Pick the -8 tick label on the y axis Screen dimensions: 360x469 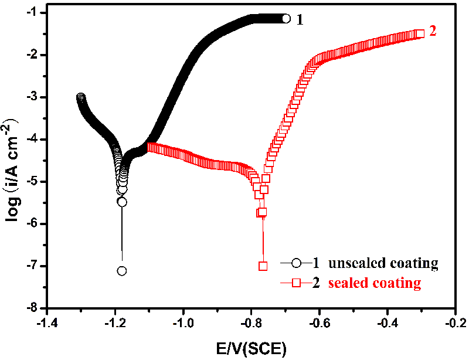[x=33, y=308]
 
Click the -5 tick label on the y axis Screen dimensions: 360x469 [x=33, y=181]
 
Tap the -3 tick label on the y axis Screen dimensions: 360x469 [x=33, y=97]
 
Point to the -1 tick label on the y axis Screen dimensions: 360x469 [x=33, y=12]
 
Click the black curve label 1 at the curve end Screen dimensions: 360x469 [x=300, y=19]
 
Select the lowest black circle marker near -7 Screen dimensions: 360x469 [x=122, y=271]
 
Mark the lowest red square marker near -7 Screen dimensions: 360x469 [x=263, y=266]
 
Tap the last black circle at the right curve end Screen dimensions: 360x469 [x=286, y=19]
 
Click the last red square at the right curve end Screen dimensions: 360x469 [x=420, y=34]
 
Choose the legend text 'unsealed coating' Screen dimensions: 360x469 [x=383, y=263]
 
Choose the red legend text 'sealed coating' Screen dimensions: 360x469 [x=375, y=283]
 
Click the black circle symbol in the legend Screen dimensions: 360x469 [x=297, y=263]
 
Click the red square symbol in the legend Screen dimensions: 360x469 [x=297, y=283]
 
